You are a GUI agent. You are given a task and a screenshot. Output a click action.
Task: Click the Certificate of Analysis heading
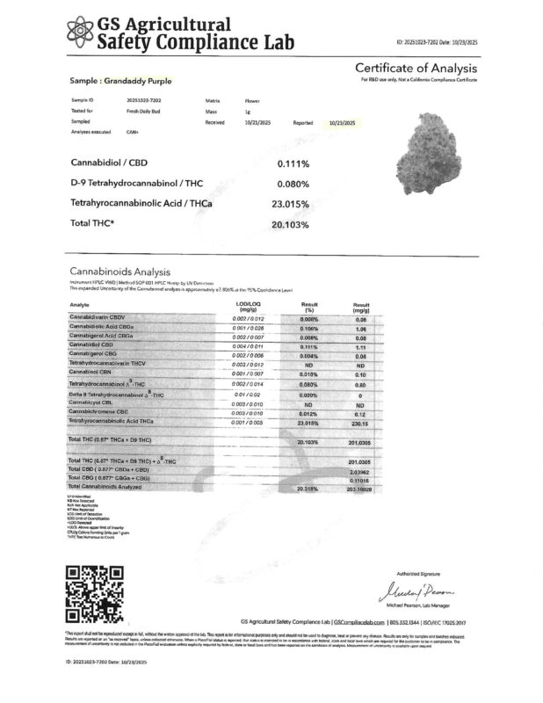tap(415, 69)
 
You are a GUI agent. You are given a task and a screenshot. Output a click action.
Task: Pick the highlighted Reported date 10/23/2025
tap(341, 123)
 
